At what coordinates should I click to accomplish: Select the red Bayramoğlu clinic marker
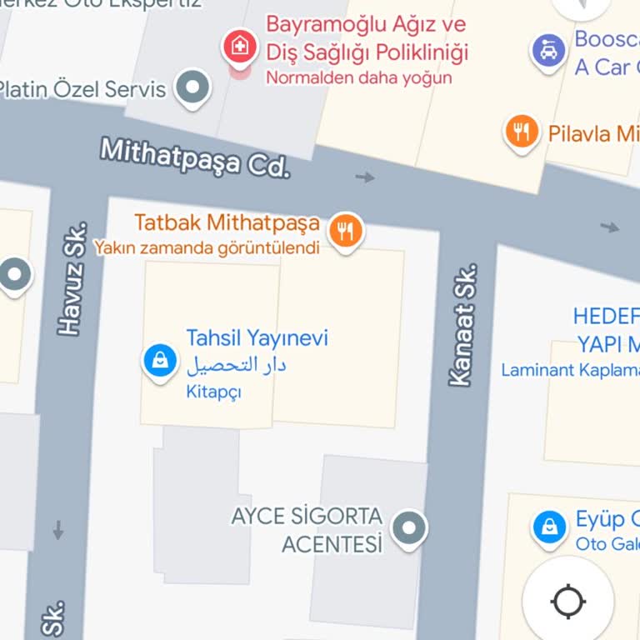(240, 47)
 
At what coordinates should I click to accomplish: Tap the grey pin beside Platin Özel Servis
(194, 86)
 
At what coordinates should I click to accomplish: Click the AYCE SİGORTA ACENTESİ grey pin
(408, 527)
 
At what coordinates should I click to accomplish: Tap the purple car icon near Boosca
(549, 51)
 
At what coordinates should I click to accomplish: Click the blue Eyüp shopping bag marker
(549, 527)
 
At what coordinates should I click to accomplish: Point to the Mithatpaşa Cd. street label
(195, 157)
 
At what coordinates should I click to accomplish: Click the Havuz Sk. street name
(73, 279)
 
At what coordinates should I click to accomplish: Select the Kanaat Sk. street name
(462, 325)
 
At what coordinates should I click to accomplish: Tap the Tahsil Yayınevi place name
(257, 337)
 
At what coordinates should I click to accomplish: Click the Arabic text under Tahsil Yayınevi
(236, 365)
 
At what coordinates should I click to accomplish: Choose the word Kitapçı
(213, 392)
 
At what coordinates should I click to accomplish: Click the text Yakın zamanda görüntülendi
(207, 247)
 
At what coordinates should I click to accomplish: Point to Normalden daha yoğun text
(358, 78)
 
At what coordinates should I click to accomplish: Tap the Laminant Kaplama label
(570, 370)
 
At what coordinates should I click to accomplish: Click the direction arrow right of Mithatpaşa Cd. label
(365, 177)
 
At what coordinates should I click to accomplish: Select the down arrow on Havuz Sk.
(58, 529)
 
